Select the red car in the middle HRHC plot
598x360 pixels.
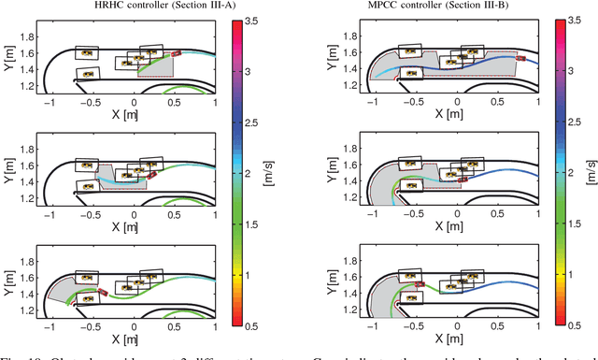pos(150,173)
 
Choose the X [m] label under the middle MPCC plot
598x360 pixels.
pos(453,225)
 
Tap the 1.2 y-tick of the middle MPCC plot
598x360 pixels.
pos(351,197)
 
